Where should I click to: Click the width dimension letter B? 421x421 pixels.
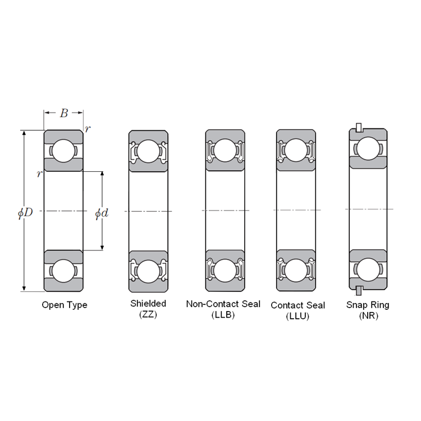coord(64,113)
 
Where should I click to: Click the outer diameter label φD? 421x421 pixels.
coord(25,213)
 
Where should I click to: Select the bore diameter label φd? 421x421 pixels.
coord(102,213)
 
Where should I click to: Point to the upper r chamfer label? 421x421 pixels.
coord(87,129)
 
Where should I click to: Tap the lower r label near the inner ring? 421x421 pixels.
coord(39,174)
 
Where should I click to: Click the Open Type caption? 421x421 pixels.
coord(65,305)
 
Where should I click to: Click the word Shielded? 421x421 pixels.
coord(148,303)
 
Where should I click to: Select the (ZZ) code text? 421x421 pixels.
coord(148,314)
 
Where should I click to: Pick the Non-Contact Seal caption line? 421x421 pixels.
coord(223,304)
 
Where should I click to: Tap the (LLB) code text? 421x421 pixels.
coord(223,315)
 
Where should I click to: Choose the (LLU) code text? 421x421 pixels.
coord(298,316)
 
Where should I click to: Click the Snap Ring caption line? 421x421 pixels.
coord(368,305)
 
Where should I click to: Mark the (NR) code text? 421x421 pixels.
coord(369,315)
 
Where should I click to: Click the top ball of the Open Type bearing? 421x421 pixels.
coord(63,151)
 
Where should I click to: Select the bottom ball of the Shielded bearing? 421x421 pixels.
coord(148,272)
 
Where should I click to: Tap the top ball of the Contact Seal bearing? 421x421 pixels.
coord(296,150)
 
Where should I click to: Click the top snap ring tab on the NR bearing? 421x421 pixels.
coord(359,128)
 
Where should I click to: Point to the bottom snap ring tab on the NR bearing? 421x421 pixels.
coord(359,291)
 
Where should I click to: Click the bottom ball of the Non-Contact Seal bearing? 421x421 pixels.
coord(225,271)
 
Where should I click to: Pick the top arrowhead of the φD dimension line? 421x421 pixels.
coord(24,134)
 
